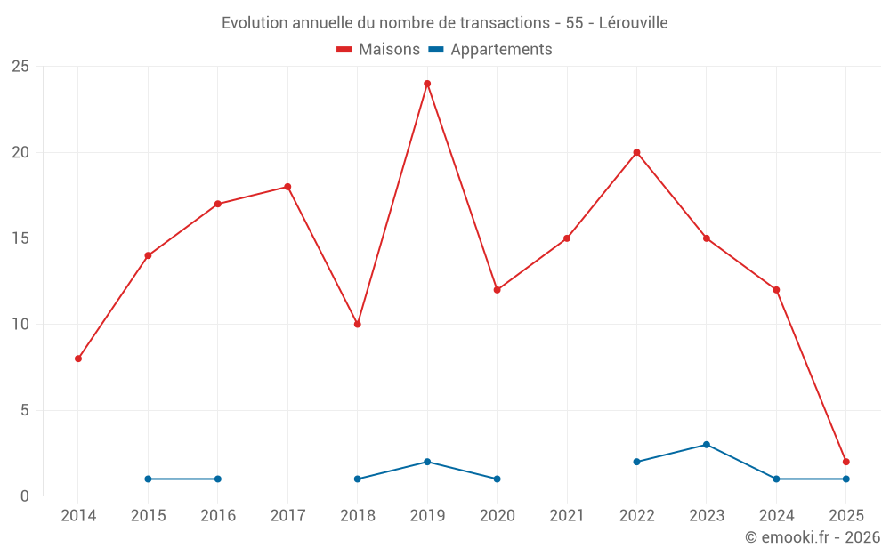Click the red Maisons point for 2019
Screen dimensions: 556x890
(x=427, y=84)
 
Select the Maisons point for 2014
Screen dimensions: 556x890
(x=78, y=359)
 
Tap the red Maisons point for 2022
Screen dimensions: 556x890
(x=636, y=152)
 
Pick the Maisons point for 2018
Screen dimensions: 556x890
(x=357, y=324)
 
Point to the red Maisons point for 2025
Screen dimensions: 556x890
(x=846, y=462)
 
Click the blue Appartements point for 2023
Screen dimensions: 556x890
(x=707, y=445)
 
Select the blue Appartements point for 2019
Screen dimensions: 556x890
(x=427, y=462)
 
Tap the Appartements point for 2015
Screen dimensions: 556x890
(x=148, y=479)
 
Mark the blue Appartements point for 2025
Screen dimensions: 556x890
(x=846, y=479)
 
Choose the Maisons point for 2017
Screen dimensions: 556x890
(x=287, y=187)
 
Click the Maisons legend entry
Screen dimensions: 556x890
(x=378, y=50)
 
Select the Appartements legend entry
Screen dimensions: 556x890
(x=490, y=50)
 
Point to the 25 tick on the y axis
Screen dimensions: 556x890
(x=20, y=67)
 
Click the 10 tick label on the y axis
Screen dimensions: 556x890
(x=20, y=324)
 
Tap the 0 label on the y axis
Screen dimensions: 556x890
(x=25, y=496)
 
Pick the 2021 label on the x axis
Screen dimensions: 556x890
(x=567, y=515)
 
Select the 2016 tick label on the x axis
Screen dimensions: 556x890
(x=218, y=515)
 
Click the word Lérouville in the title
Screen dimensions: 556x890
(x=633, y=23)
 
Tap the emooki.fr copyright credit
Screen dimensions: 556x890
(x=812, y=537)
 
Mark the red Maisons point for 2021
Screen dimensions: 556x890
(x=567, y=238)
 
